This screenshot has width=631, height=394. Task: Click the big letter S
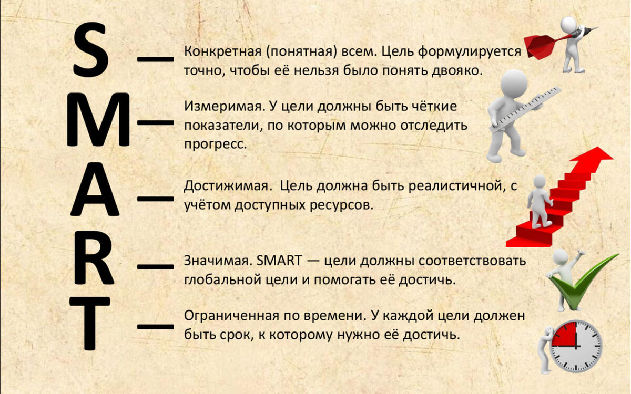[x=90, y=51]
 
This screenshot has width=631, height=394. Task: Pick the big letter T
[x=90, y=323]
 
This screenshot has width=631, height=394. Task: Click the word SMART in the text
[x=281, y=261]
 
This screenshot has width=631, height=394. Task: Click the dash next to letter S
[x=155, y=58]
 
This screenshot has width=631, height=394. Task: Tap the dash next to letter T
[x=155, y=326]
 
